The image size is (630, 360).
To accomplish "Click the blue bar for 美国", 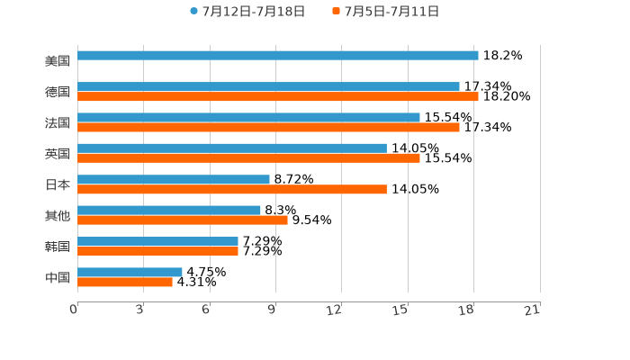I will click(x=277, y=56).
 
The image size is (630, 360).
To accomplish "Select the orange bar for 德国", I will click(x=277, y=96).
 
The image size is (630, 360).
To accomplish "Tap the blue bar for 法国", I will click(x=248, y=117).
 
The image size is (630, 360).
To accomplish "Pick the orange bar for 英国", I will click(x=248, y=158).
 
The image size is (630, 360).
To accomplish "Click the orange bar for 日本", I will click(x=232, y=189).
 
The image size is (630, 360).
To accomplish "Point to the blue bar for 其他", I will click(x=169, y=210).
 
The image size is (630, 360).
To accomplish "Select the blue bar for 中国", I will click(x=130, y=272).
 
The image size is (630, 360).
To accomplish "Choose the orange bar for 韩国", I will click(x=157, y=251).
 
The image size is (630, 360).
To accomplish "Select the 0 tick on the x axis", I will click(x=74, y=310).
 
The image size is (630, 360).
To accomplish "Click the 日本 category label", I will click(x=58, y=184).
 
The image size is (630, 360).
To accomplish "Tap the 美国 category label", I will click(x=58, y=61).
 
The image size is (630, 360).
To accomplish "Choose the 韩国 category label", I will click(x=58, y=247).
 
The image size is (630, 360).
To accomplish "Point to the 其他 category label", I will click(x=58, y=215).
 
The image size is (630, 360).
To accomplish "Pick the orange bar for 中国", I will click(x=125, y=282).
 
